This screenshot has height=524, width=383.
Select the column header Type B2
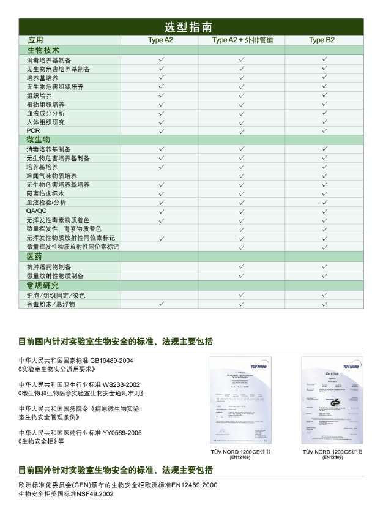322,40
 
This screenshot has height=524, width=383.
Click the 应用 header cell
36,40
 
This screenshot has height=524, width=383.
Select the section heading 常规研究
43,285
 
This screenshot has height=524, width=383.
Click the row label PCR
33,131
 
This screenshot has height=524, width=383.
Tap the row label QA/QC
37,211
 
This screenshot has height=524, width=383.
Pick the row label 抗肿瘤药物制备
49,267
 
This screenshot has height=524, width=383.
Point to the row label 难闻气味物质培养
52,176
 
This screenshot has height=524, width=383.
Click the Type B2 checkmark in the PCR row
324,131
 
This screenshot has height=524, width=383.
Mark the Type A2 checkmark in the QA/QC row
162,211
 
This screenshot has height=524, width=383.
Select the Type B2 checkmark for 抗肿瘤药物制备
324,267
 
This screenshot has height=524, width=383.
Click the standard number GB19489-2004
111,360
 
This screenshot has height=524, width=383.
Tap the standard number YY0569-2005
122,433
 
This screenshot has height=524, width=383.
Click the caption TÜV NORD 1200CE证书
240,452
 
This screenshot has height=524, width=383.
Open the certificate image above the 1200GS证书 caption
332,400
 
